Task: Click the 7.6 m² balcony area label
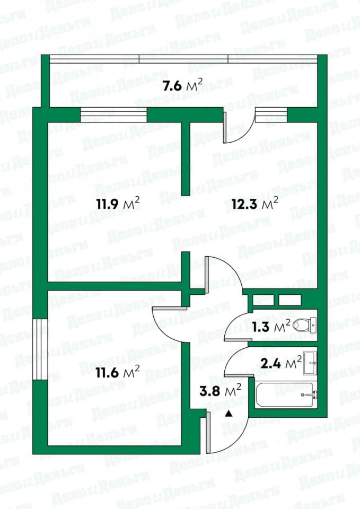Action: coord(183,86)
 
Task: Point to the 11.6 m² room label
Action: coord(118,372)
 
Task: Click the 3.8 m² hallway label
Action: coord(220,390)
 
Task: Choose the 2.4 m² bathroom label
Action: coord(281,363)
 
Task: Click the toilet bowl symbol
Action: coord(304,324)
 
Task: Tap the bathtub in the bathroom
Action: coord(285,394)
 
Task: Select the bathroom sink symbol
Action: coord(310,363)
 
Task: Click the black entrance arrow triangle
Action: coord(229,414)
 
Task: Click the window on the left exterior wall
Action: coord(40,349)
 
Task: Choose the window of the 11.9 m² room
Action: coord(113,115)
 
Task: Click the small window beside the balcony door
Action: coord(271,115)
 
